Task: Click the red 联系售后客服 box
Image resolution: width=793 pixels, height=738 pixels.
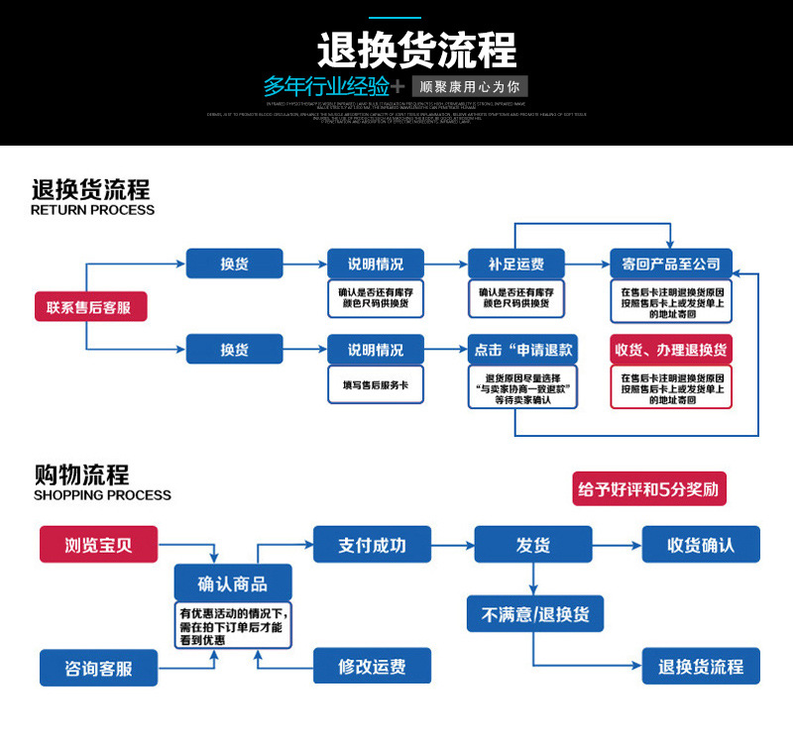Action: (90, 307)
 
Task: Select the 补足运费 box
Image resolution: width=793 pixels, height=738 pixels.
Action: (515, 264)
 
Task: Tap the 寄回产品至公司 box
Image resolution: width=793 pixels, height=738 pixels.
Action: (671, 264)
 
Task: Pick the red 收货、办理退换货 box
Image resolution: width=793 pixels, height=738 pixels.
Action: (671, 351)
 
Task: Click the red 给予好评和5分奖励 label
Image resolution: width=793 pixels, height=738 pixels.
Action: (649, 489)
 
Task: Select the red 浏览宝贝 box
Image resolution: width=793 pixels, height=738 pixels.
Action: (99, 545)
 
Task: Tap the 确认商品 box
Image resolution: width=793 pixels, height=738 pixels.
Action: (232, 582)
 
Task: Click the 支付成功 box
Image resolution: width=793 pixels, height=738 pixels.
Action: (373, 545)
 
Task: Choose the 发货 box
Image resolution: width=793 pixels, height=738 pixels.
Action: (533, 545)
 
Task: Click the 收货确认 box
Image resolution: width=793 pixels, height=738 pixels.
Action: (701, 545)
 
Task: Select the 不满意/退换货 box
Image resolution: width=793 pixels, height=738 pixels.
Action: (535, 613)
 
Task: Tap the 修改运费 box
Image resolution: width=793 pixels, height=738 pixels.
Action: (373, 667)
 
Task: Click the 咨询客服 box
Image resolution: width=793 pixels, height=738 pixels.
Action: (99, 668)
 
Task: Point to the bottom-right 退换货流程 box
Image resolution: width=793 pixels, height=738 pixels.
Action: (701, 667)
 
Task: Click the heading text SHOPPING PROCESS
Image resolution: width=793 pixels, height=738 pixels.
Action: (102, 495)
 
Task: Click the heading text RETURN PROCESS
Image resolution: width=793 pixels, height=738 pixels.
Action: (92, 210)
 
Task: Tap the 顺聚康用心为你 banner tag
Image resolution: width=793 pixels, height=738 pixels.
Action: (469, 85)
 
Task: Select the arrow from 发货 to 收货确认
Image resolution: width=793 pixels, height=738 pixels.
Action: (615, 545)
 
